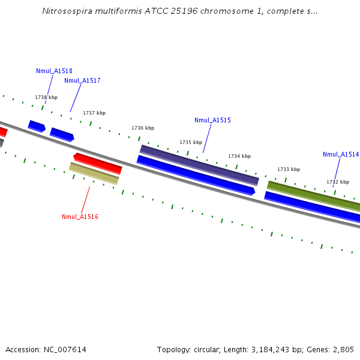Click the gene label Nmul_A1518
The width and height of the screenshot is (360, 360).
[x=54, y=71]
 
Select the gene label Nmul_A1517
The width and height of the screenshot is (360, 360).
[x=82, y=80]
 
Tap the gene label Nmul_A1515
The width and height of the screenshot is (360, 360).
[x=212, y=120]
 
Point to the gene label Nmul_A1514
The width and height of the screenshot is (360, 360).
[x=341, y=154]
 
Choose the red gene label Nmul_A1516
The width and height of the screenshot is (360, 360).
[x=80, y=217]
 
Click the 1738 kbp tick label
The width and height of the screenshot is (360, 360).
[x=46, y=97]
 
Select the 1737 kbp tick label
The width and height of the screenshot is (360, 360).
[x=94, y=113]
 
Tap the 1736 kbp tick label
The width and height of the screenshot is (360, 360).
[x=143, y=128]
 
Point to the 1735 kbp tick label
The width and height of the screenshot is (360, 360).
[x=191, y=142]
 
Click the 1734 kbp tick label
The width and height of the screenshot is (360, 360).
[x=239, y=156]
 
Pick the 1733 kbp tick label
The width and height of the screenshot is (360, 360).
[x=289, y=169]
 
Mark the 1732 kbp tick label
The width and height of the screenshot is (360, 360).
[x=338, y=182]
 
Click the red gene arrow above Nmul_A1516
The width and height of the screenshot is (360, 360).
[x=98, y=163]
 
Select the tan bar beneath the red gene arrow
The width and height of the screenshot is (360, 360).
[x=94, y=173]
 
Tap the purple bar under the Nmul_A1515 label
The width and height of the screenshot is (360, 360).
[x=199, y=164]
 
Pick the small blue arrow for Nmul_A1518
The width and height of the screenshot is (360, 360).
[x=37, y=126]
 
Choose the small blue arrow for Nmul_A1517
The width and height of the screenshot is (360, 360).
[x=62, y=134]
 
